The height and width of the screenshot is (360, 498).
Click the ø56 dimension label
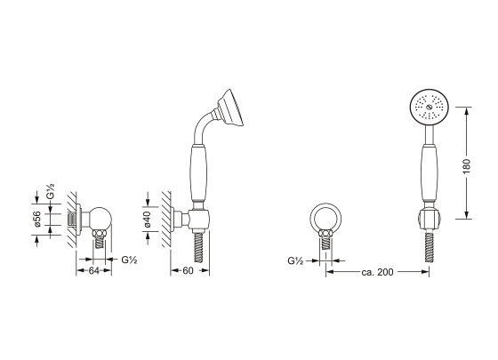coord(37,219)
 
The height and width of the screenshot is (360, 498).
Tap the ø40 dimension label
coord(147,220)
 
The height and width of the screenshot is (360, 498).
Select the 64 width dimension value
coord(93,271)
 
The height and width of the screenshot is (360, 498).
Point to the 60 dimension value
coord(188,271)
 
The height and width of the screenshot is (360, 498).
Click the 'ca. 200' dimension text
coord(377,272)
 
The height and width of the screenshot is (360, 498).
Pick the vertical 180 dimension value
coord(467,166)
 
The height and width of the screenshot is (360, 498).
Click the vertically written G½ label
coord(51,191)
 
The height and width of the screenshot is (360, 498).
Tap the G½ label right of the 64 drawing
coord(129,260)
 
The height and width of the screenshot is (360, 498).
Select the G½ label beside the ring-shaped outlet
coord(295,261)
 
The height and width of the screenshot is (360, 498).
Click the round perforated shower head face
coord(429,107)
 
